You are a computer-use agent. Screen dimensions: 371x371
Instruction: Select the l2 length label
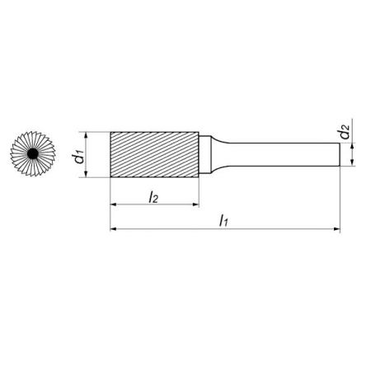[153, 197]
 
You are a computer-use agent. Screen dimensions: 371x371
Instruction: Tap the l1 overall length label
[223, 221]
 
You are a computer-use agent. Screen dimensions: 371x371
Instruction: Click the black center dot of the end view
[33, 154]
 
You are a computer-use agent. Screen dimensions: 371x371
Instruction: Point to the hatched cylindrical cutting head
[154, 154]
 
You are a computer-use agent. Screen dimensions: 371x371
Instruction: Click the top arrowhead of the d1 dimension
[86, 134]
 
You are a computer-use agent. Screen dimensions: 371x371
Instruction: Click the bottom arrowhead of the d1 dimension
[86, 175]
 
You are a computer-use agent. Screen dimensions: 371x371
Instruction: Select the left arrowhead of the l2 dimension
[113, 204]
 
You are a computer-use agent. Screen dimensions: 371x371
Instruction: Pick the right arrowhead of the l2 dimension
[195, 204]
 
